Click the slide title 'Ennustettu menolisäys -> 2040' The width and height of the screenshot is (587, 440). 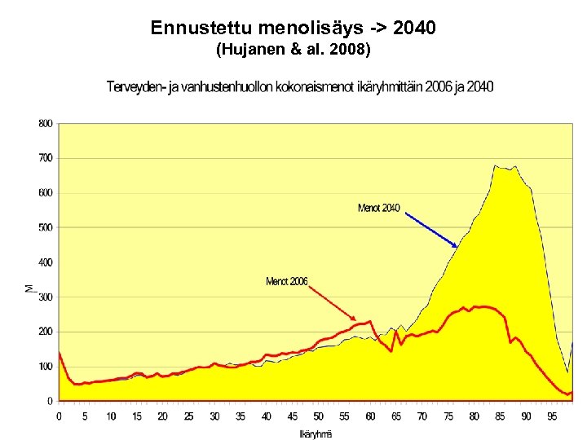click(x=293, y=29)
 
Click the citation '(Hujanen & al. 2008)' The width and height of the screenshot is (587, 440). click(x=293, y=51)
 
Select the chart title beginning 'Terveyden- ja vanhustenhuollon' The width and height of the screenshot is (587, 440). click(x=299, y=87)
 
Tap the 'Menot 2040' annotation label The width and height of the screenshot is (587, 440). click(x=378, y=209)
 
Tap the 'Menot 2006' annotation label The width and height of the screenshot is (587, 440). click(x=286, y=282)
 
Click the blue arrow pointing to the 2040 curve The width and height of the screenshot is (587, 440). click(x=431, y=229)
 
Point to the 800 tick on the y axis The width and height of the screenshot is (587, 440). click(x=45, y=124)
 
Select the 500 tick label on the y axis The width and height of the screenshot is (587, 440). click(x=45, y=227)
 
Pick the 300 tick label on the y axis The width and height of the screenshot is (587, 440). click(x=45, y=297)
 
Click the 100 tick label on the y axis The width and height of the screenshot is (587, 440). click(x=45, y=367)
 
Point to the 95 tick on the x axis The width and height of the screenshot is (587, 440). click(x=553, y=416)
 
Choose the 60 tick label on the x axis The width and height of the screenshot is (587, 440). click(x=370, y=416)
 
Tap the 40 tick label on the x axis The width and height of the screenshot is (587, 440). click(x=267, y=416)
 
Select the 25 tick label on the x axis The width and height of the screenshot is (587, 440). click(x=188, y=416)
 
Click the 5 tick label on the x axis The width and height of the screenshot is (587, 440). click(x=85, y=416)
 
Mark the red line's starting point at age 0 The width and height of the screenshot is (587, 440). click(x=59, y=352)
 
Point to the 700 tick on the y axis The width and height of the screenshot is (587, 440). click(x=45, y=158)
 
